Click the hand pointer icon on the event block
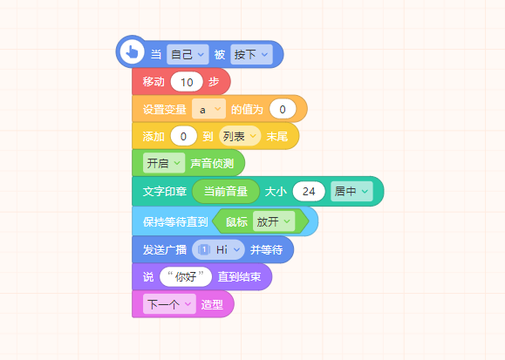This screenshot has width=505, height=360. pos(132,51)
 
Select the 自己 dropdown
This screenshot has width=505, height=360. pos(188,54)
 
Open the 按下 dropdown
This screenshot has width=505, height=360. pos(251,54)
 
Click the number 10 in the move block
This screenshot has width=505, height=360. pos(187,82)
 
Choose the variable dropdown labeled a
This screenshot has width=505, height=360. pos(208,110)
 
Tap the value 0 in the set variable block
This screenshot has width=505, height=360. pos(283,110)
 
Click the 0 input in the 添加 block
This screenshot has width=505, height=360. pos(183,136)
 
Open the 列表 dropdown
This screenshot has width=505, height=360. pos(240,136)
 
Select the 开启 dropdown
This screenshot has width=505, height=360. pos(164,163)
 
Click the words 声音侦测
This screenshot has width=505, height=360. pos(212,163)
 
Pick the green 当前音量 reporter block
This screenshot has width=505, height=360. pos(226,192)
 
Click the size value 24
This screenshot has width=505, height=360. pos(309,192)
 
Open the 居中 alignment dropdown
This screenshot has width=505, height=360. pos(351,192)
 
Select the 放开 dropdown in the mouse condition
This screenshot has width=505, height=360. pos(274,221)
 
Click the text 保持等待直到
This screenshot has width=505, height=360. pos(175,221)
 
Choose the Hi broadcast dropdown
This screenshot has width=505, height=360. pos(218,249)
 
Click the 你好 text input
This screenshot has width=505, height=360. pos(186,276)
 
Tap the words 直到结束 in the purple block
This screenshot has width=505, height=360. pos(239,276)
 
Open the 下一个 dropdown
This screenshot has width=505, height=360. pos(169,304)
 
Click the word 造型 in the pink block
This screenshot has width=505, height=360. pos(212,304)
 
